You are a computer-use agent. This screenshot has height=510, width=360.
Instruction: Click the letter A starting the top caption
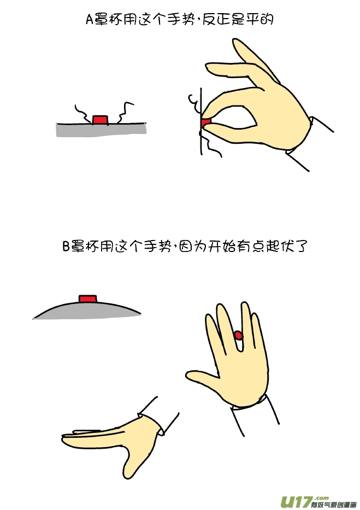tap(90, 20)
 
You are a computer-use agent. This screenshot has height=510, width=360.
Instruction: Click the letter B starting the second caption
tap(66, 246)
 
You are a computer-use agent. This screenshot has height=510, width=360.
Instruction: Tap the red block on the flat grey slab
tap(100, 119)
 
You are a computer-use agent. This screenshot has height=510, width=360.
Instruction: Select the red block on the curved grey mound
tap(87, 298)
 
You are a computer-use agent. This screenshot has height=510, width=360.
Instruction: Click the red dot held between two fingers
tap(239, 335)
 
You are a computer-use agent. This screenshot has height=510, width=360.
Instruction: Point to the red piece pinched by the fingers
tap(205, 122)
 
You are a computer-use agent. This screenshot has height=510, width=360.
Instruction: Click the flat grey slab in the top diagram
tap(101, 130)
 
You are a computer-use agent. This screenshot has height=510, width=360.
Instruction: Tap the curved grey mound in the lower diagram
tap(87, 310)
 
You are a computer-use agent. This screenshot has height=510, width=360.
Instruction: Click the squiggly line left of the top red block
tap(82, 113)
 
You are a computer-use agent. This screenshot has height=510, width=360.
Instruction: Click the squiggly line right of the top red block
tap(124, 113)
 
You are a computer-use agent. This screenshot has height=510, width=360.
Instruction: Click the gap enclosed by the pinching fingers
tap(235, 118)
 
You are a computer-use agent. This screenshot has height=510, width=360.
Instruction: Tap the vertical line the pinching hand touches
tap(202, 121)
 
